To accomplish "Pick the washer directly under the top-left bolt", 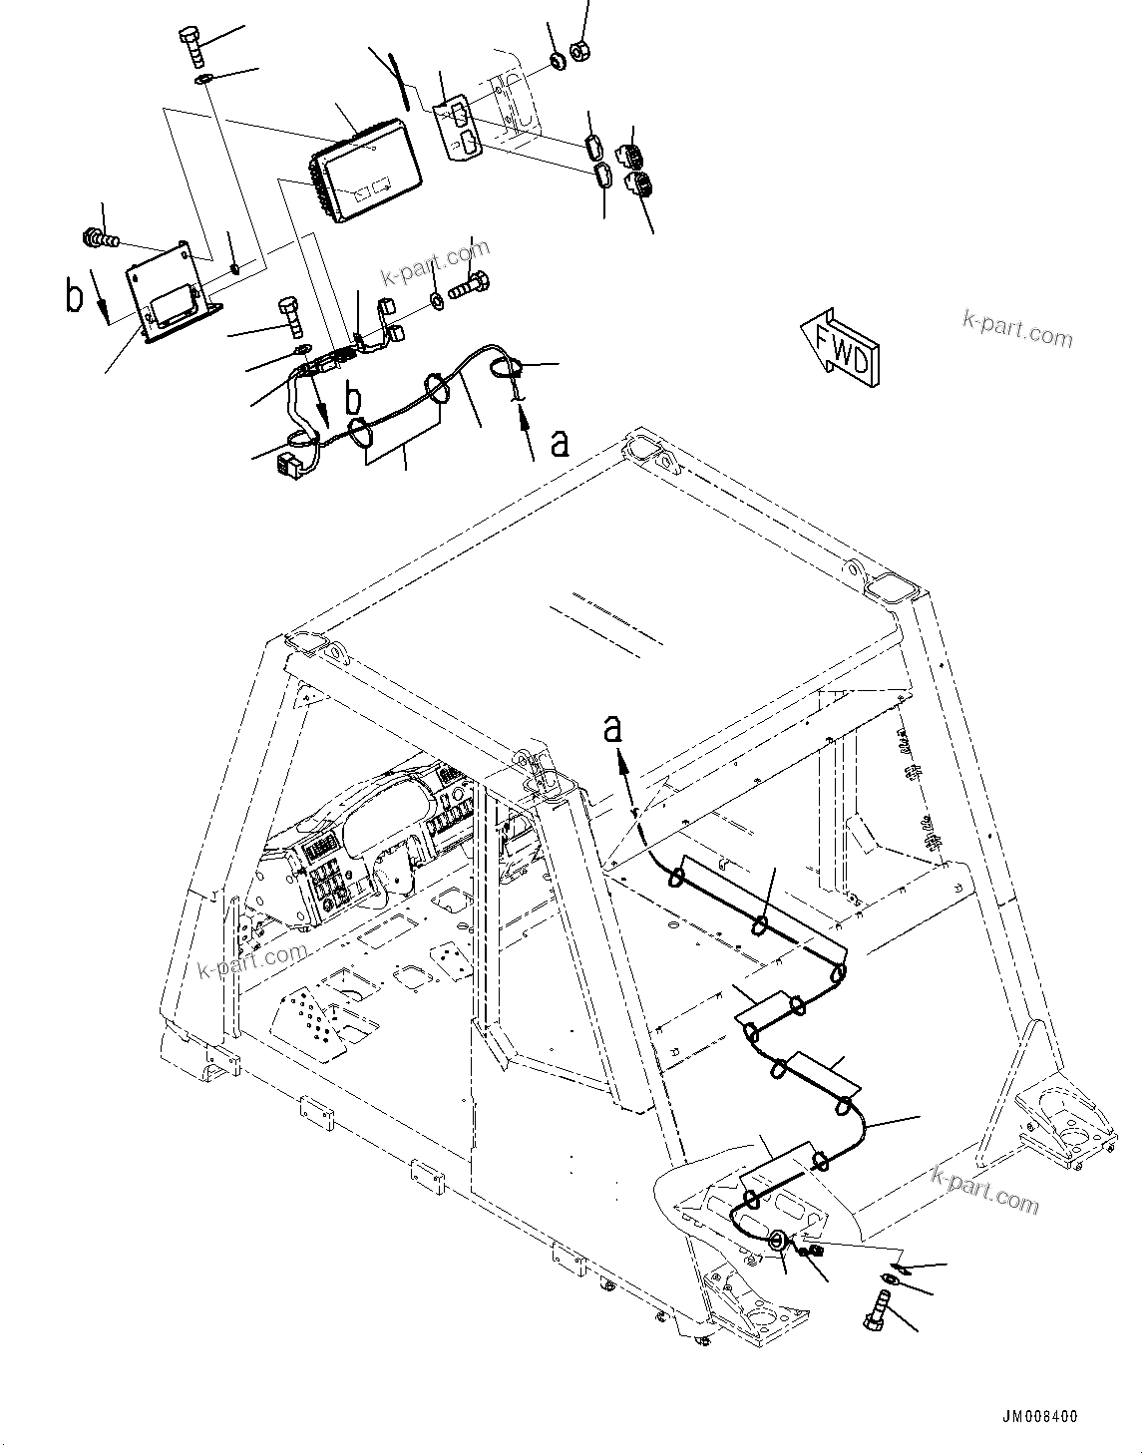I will click(x=202, y=80).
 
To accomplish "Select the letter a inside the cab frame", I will click(x=611, y=729).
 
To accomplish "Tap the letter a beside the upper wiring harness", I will click(x=562, y=440).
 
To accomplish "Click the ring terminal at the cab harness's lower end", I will click(x=777, y=1242).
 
